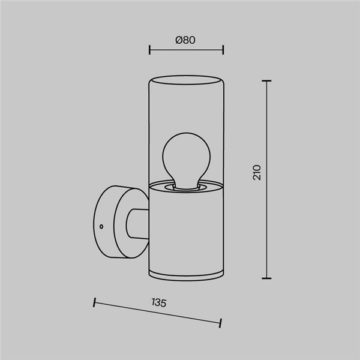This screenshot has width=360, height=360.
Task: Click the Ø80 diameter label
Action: (186, 40)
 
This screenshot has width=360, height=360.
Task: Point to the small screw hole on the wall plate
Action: (102, 227)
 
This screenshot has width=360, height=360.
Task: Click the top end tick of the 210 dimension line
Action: (266, 80)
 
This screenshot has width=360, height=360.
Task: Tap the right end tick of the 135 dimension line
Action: (221, 324)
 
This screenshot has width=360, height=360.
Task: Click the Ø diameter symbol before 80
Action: (179, 40)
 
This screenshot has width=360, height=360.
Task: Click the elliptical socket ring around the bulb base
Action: (185, 187)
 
